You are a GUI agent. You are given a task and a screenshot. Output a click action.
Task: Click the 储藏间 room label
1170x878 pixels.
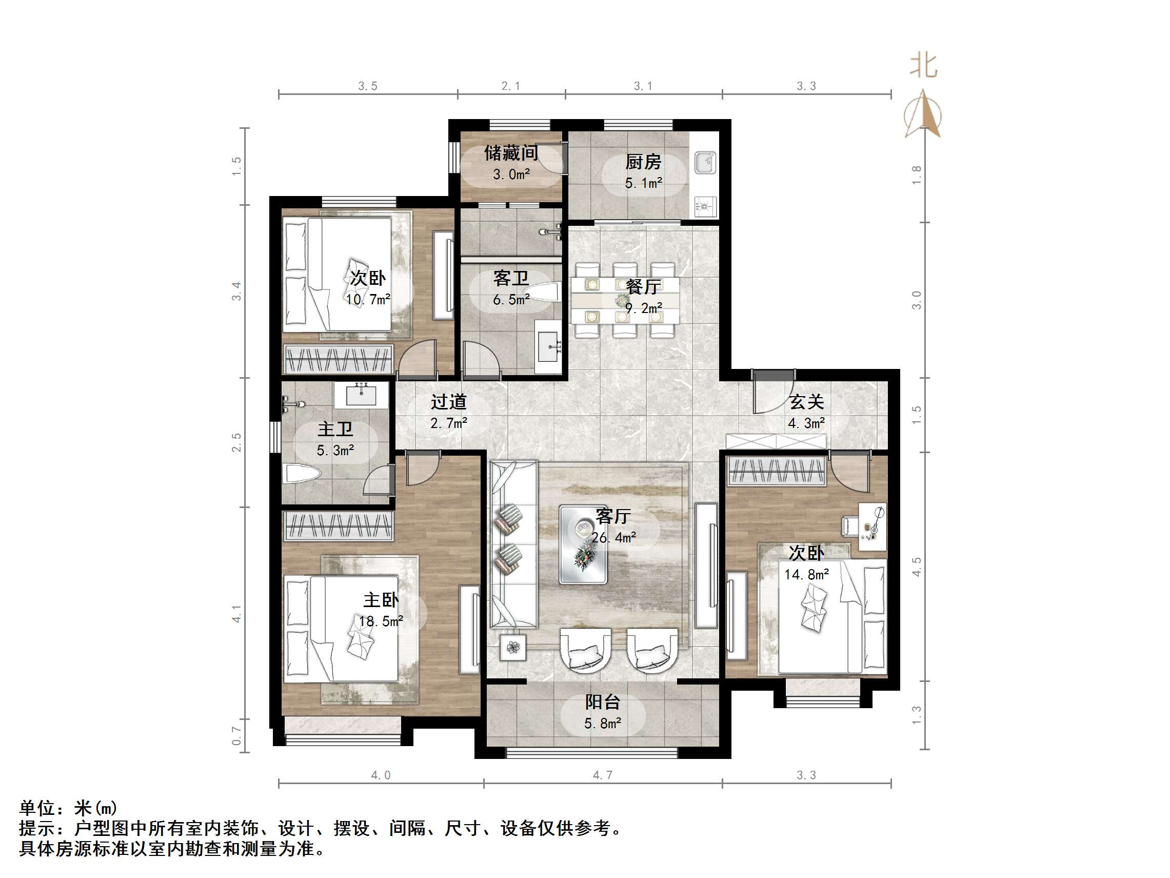510,153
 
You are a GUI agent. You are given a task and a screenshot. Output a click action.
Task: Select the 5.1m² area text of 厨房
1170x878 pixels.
643,183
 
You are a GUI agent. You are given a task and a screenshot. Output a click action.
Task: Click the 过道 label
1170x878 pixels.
448,402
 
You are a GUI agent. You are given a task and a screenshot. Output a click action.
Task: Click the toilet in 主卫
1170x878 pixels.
302,474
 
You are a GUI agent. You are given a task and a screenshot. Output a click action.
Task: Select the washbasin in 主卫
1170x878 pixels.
361,395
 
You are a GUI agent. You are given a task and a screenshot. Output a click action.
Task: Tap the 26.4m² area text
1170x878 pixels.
613,538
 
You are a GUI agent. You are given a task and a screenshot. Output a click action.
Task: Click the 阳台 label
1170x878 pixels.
603,702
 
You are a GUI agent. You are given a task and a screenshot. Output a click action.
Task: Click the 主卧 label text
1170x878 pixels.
380,600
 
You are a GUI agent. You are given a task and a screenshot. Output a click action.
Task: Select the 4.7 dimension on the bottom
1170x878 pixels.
603,775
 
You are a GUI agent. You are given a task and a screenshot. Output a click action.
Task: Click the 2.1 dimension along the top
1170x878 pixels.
510,86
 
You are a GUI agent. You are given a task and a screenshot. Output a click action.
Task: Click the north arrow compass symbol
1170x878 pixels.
923,114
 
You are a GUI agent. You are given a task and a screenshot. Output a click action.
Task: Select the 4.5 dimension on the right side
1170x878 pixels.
917,567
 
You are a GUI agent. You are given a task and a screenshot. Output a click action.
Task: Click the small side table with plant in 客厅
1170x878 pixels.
513,647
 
